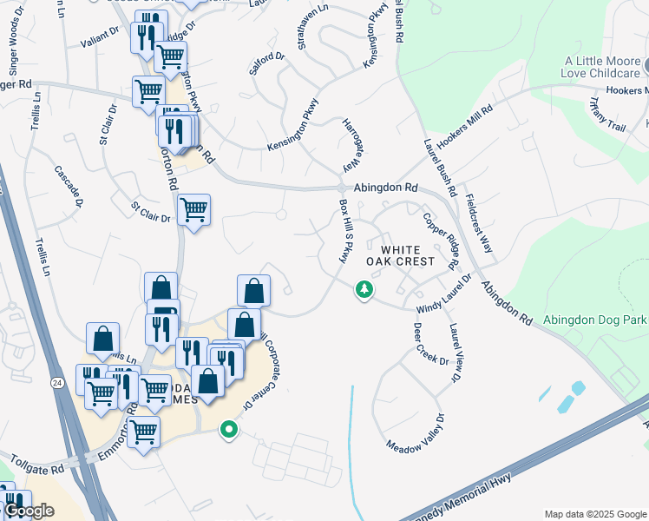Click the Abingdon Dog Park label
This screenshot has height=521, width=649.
click(595, 320)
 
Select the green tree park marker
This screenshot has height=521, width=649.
click(364, 289)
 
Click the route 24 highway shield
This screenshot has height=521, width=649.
click(56, 383)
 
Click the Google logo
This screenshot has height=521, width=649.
click(28, 511)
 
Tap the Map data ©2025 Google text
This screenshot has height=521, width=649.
click(595, 514)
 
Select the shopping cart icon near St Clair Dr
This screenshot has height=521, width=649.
click(193, 209)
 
